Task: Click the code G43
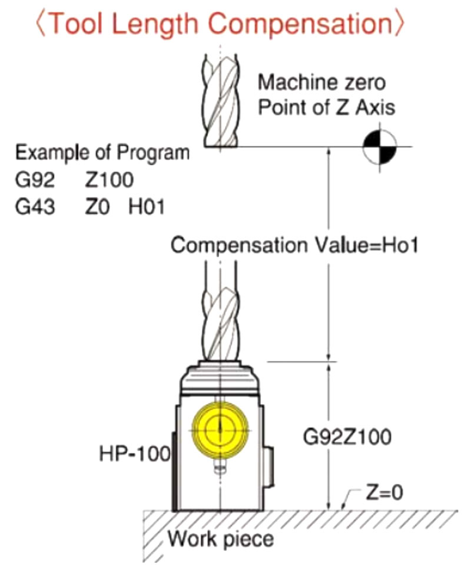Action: tap(35, 208)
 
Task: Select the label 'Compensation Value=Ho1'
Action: tap(294, 245)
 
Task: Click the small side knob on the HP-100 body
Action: tap(268, 466)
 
